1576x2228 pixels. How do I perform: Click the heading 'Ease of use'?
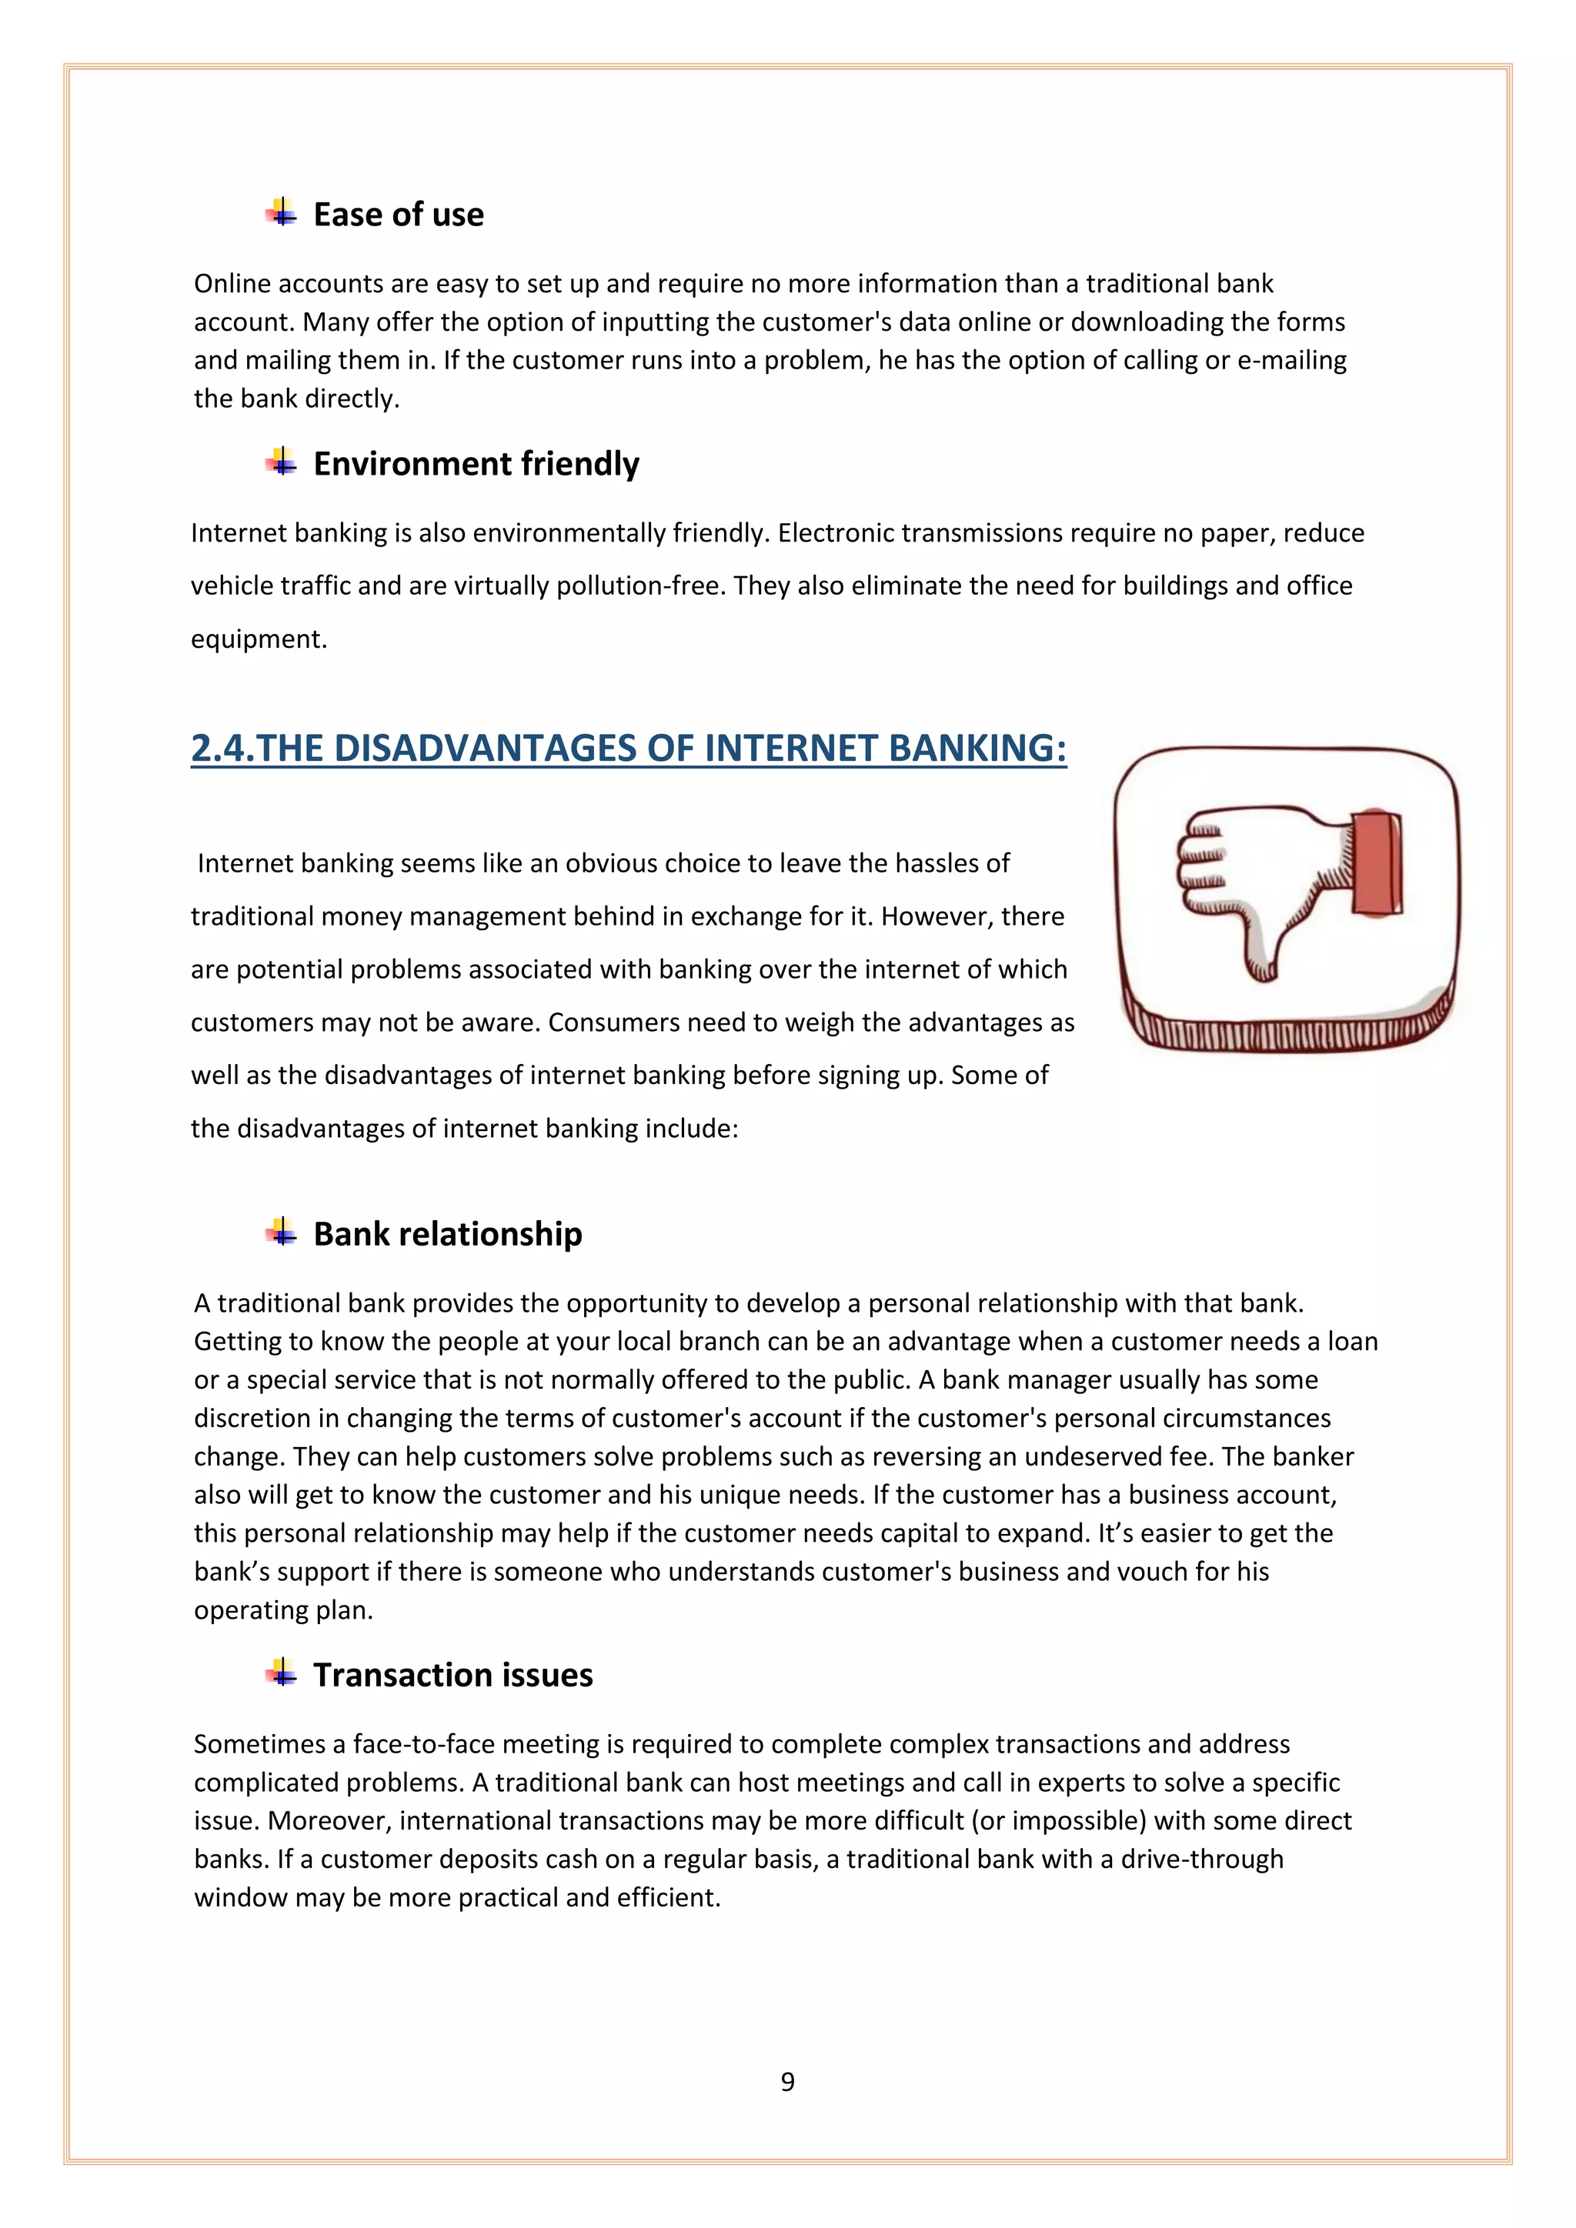click(398, 215)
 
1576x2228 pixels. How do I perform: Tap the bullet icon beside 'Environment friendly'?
click(282, 462)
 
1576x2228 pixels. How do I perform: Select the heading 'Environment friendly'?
click(476, 464)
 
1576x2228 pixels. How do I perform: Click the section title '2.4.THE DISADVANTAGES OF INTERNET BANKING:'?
click(629, 748)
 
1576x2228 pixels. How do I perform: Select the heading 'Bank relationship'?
click(447, 1234)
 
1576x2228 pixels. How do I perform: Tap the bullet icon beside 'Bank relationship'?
click(282, 1232)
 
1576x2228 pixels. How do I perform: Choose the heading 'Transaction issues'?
click(452, 1675)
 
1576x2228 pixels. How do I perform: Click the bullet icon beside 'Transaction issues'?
click(282, 1673)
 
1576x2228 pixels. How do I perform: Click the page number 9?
click(788, 2082)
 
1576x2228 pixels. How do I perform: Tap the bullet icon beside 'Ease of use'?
click(282, 212)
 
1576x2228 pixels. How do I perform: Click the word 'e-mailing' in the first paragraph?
click(1292, 360)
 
